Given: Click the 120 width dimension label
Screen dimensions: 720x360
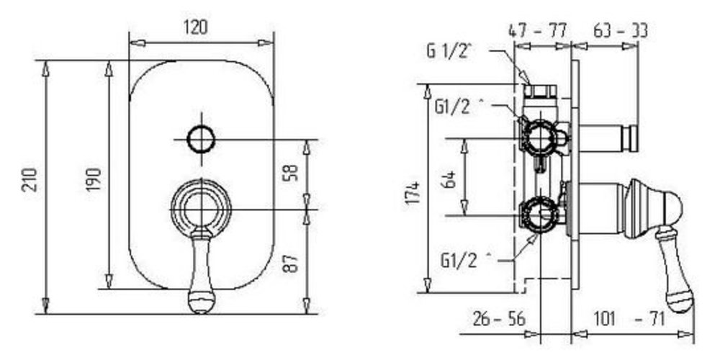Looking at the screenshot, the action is (x=196, y=28).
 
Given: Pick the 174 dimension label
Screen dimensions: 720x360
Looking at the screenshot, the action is (x=413, y=193).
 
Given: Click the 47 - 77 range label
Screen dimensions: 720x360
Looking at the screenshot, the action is (x=538, y=31).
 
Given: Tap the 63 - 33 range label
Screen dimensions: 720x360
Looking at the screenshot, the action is (x=621, y=31).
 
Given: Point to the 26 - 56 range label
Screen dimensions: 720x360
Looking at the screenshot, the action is (x=499, y=319).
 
